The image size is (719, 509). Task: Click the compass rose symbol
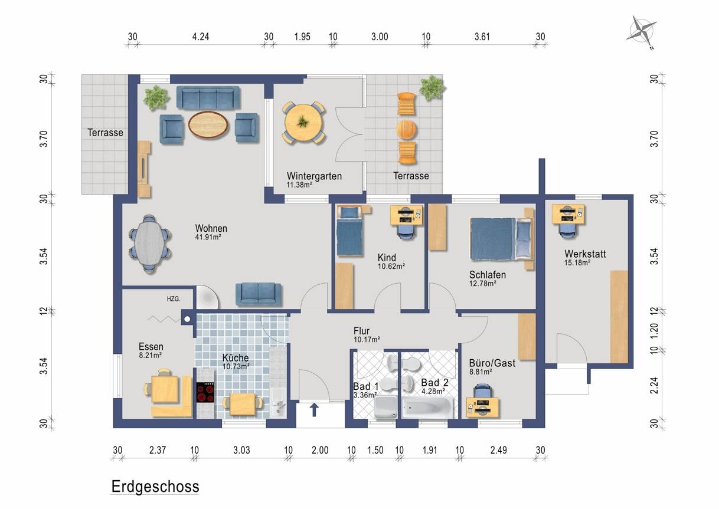tap(641, 32)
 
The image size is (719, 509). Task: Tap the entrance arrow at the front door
tap(314, 410)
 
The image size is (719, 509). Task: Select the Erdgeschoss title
tap(155, 487)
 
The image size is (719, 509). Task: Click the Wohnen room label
tap(211, 228)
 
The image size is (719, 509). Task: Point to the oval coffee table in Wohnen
tap(208, 125)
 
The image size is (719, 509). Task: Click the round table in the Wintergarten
tap(303, 123)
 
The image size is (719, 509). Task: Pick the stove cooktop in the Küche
tap(205, 392)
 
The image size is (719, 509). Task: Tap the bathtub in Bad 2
tap(427, 408)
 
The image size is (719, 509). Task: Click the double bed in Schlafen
tap(501, 239)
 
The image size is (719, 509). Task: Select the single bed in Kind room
tap(349, 231)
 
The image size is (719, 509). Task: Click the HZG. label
tap(174, 299)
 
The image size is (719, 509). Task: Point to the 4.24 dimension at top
tap(201, 37)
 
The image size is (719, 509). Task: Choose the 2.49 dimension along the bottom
tap(498, 450)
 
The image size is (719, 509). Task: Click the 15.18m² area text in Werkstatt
tap(577, 262)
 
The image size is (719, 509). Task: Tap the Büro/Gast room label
tap(492, 363)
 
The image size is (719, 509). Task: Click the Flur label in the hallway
tap(361, 331)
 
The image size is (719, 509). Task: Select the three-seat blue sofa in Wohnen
tap(208, 97)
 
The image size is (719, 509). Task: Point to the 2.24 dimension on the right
tap(654, 386)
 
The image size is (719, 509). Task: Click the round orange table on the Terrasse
tap(406, 130)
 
